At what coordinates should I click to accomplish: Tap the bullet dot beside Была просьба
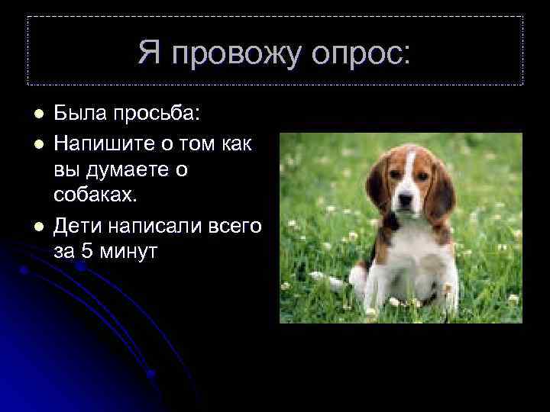click(37, 114)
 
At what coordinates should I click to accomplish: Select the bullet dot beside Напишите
click(37, 143)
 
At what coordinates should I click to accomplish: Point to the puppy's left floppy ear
click(377, 185)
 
